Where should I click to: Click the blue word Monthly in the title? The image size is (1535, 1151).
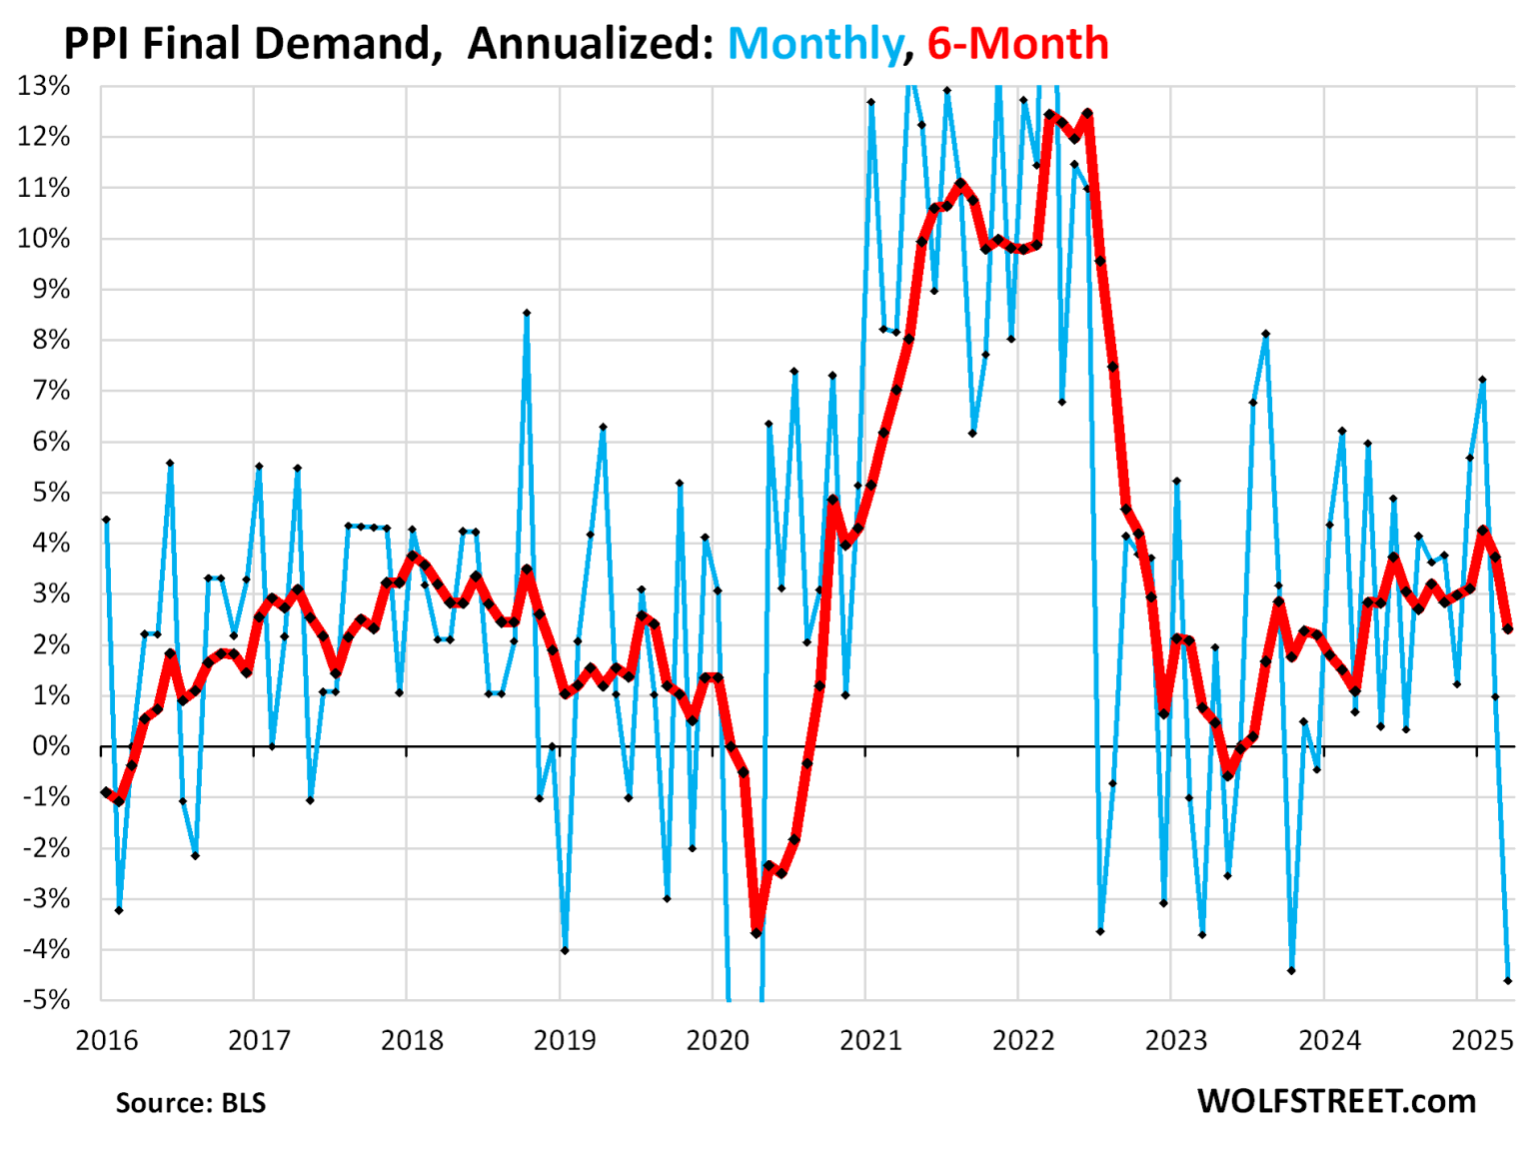(x=814, y=44)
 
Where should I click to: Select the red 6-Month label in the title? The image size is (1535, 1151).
(x=1017, y=44)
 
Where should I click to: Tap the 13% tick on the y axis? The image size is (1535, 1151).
(x=44, y=86)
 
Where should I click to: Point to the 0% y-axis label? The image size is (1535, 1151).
(x=50, y=746)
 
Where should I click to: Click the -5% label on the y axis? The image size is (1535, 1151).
(x=46, y=1000)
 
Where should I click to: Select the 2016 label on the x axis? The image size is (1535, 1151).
(x=107, y=1040)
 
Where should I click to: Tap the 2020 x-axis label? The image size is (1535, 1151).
(x=718, y=1040)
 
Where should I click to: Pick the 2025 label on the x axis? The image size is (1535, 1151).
(x=1483, y=1040)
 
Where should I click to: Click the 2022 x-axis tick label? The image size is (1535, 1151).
(x=1023, y=1040)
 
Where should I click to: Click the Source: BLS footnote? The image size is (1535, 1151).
(x=191, y=1103)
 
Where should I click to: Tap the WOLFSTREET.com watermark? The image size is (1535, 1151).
(x=1336, y=1101)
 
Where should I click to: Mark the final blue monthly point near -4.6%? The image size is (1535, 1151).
(x=1507, y=981)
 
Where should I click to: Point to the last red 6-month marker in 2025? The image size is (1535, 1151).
(x=1507, y=628)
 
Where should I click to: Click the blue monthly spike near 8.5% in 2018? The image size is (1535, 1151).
(x=527, y=313)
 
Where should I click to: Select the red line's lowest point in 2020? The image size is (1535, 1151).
(x=757, y=932)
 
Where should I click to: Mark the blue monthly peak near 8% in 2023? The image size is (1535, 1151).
(x=1265, y=334)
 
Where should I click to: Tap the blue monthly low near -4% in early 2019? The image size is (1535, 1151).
(x=565, y=950)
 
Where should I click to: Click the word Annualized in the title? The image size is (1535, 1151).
(x=590, y=44)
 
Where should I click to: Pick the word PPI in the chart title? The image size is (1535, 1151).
(x=98, y=44)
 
